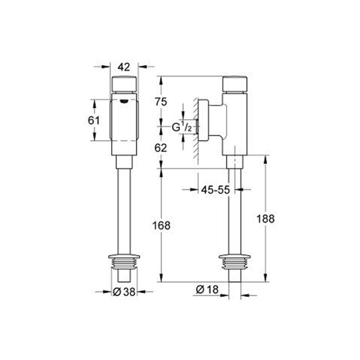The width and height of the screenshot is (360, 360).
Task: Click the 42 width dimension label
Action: coord(124,67)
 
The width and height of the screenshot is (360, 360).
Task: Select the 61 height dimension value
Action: coord(94,120)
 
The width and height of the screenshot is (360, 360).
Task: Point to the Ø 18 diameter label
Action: coord(207,289)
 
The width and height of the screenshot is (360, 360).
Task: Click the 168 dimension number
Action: coord(161,225)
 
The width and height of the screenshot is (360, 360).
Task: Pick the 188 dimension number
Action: coord(265,219)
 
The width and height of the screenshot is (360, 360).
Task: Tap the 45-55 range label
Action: coord(215,189)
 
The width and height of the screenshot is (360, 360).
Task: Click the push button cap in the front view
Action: coord(124,84)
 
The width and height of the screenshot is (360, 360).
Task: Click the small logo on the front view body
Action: coord(124,101)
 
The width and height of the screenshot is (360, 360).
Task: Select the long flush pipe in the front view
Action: coord(124,211)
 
